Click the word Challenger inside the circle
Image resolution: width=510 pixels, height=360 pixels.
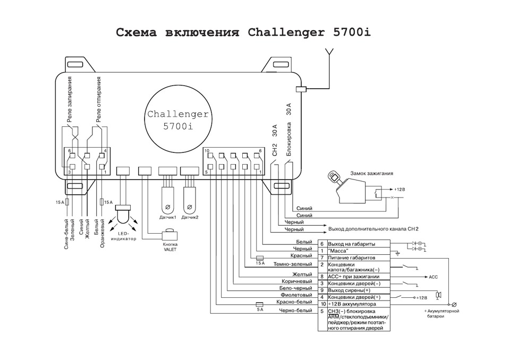[178, 114]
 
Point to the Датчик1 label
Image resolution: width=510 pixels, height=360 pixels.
[168, 218]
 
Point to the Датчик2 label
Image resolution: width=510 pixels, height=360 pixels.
[190, 218]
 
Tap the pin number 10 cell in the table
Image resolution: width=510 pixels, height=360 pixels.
[322, 304]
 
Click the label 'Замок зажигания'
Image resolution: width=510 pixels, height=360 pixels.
[370, 173]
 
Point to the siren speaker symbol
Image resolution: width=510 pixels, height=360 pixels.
[438, 295]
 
